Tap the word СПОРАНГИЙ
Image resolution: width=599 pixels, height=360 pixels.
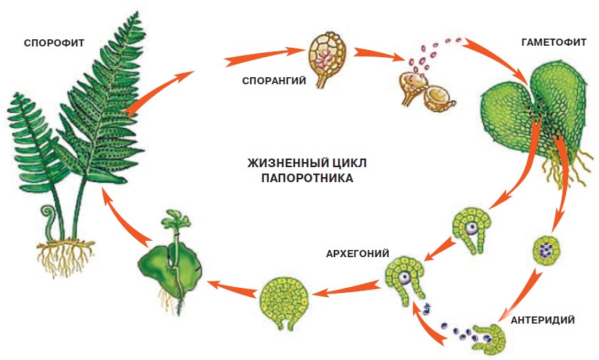(x=273, y=81)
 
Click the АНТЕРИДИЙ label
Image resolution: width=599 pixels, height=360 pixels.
(x=543, y=319)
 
